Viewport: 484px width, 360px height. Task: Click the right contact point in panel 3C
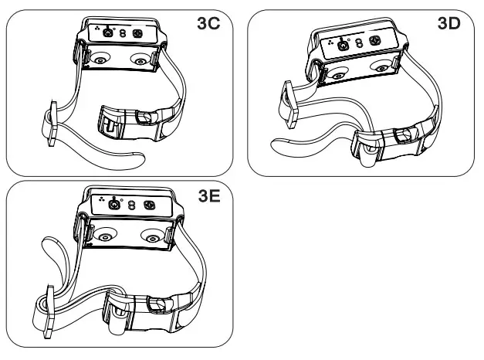click(139, 59)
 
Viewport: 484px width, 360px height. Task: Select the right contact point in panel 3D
click(381, 67)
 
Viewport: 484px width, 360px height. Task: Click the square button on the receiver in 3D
click(377, 39)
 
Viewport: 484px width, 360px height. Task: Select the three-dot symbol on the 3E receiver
click(100, 202)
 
